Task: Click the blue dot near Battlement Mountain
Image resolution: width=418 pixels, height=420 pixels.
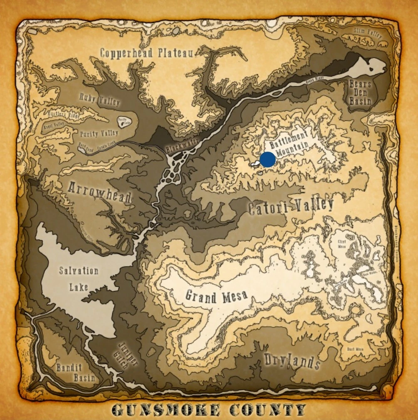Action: [267, 160]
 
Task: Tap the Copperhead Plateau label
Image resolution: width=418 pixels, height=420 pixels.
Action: [146, 53]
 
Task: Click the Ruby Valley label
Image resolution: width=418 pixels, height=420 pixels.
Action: [99, 99]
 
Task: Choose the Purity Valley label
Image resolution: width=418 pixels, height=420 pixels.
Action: [99, 133]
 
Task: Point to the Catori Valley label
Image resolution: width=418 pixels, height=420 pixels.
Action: [291, 207]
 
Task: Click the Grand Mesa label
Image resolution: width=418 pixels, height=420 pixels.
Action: [216, 296]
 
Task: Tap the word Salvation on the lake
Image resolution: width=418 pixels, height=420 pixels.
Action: [79, 271]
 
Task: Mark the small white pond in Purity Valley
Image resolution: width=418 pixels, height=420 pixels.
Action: [123, 121]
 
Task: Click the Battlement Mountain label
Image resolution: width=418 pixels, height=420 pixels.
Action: [289, 142]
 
